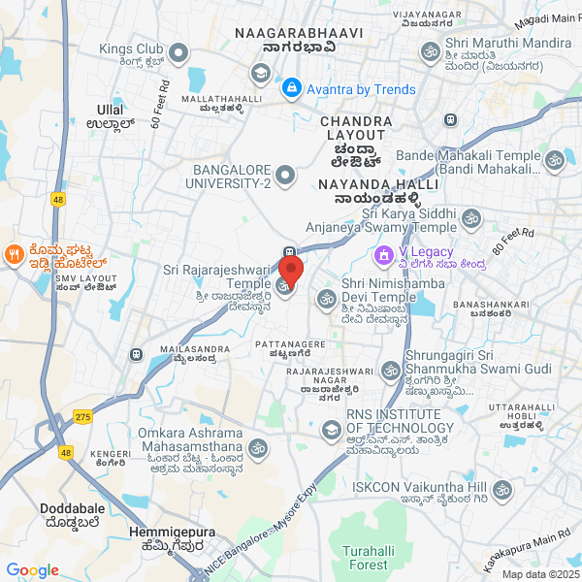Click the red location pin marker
[x=291, y=269]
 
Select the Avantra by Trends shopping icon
[x=291, y=89]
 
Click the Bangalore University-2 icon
[x=284, y=176]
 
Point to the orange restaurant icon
[x=15, y=254]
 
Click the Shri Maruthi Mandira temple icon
[x=429, y=50]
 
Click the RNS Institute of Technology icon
[x=332, y=428]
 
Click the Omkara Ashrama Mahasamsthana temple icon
[x=257, y=447]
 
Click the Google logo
[x=32, y=570]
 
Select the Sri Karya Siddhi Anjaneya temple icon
[x=471, y=218]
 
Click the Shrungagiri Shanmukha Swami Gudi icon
[x=390, y=370]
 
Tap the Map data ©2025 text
[x=538, y=574]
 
